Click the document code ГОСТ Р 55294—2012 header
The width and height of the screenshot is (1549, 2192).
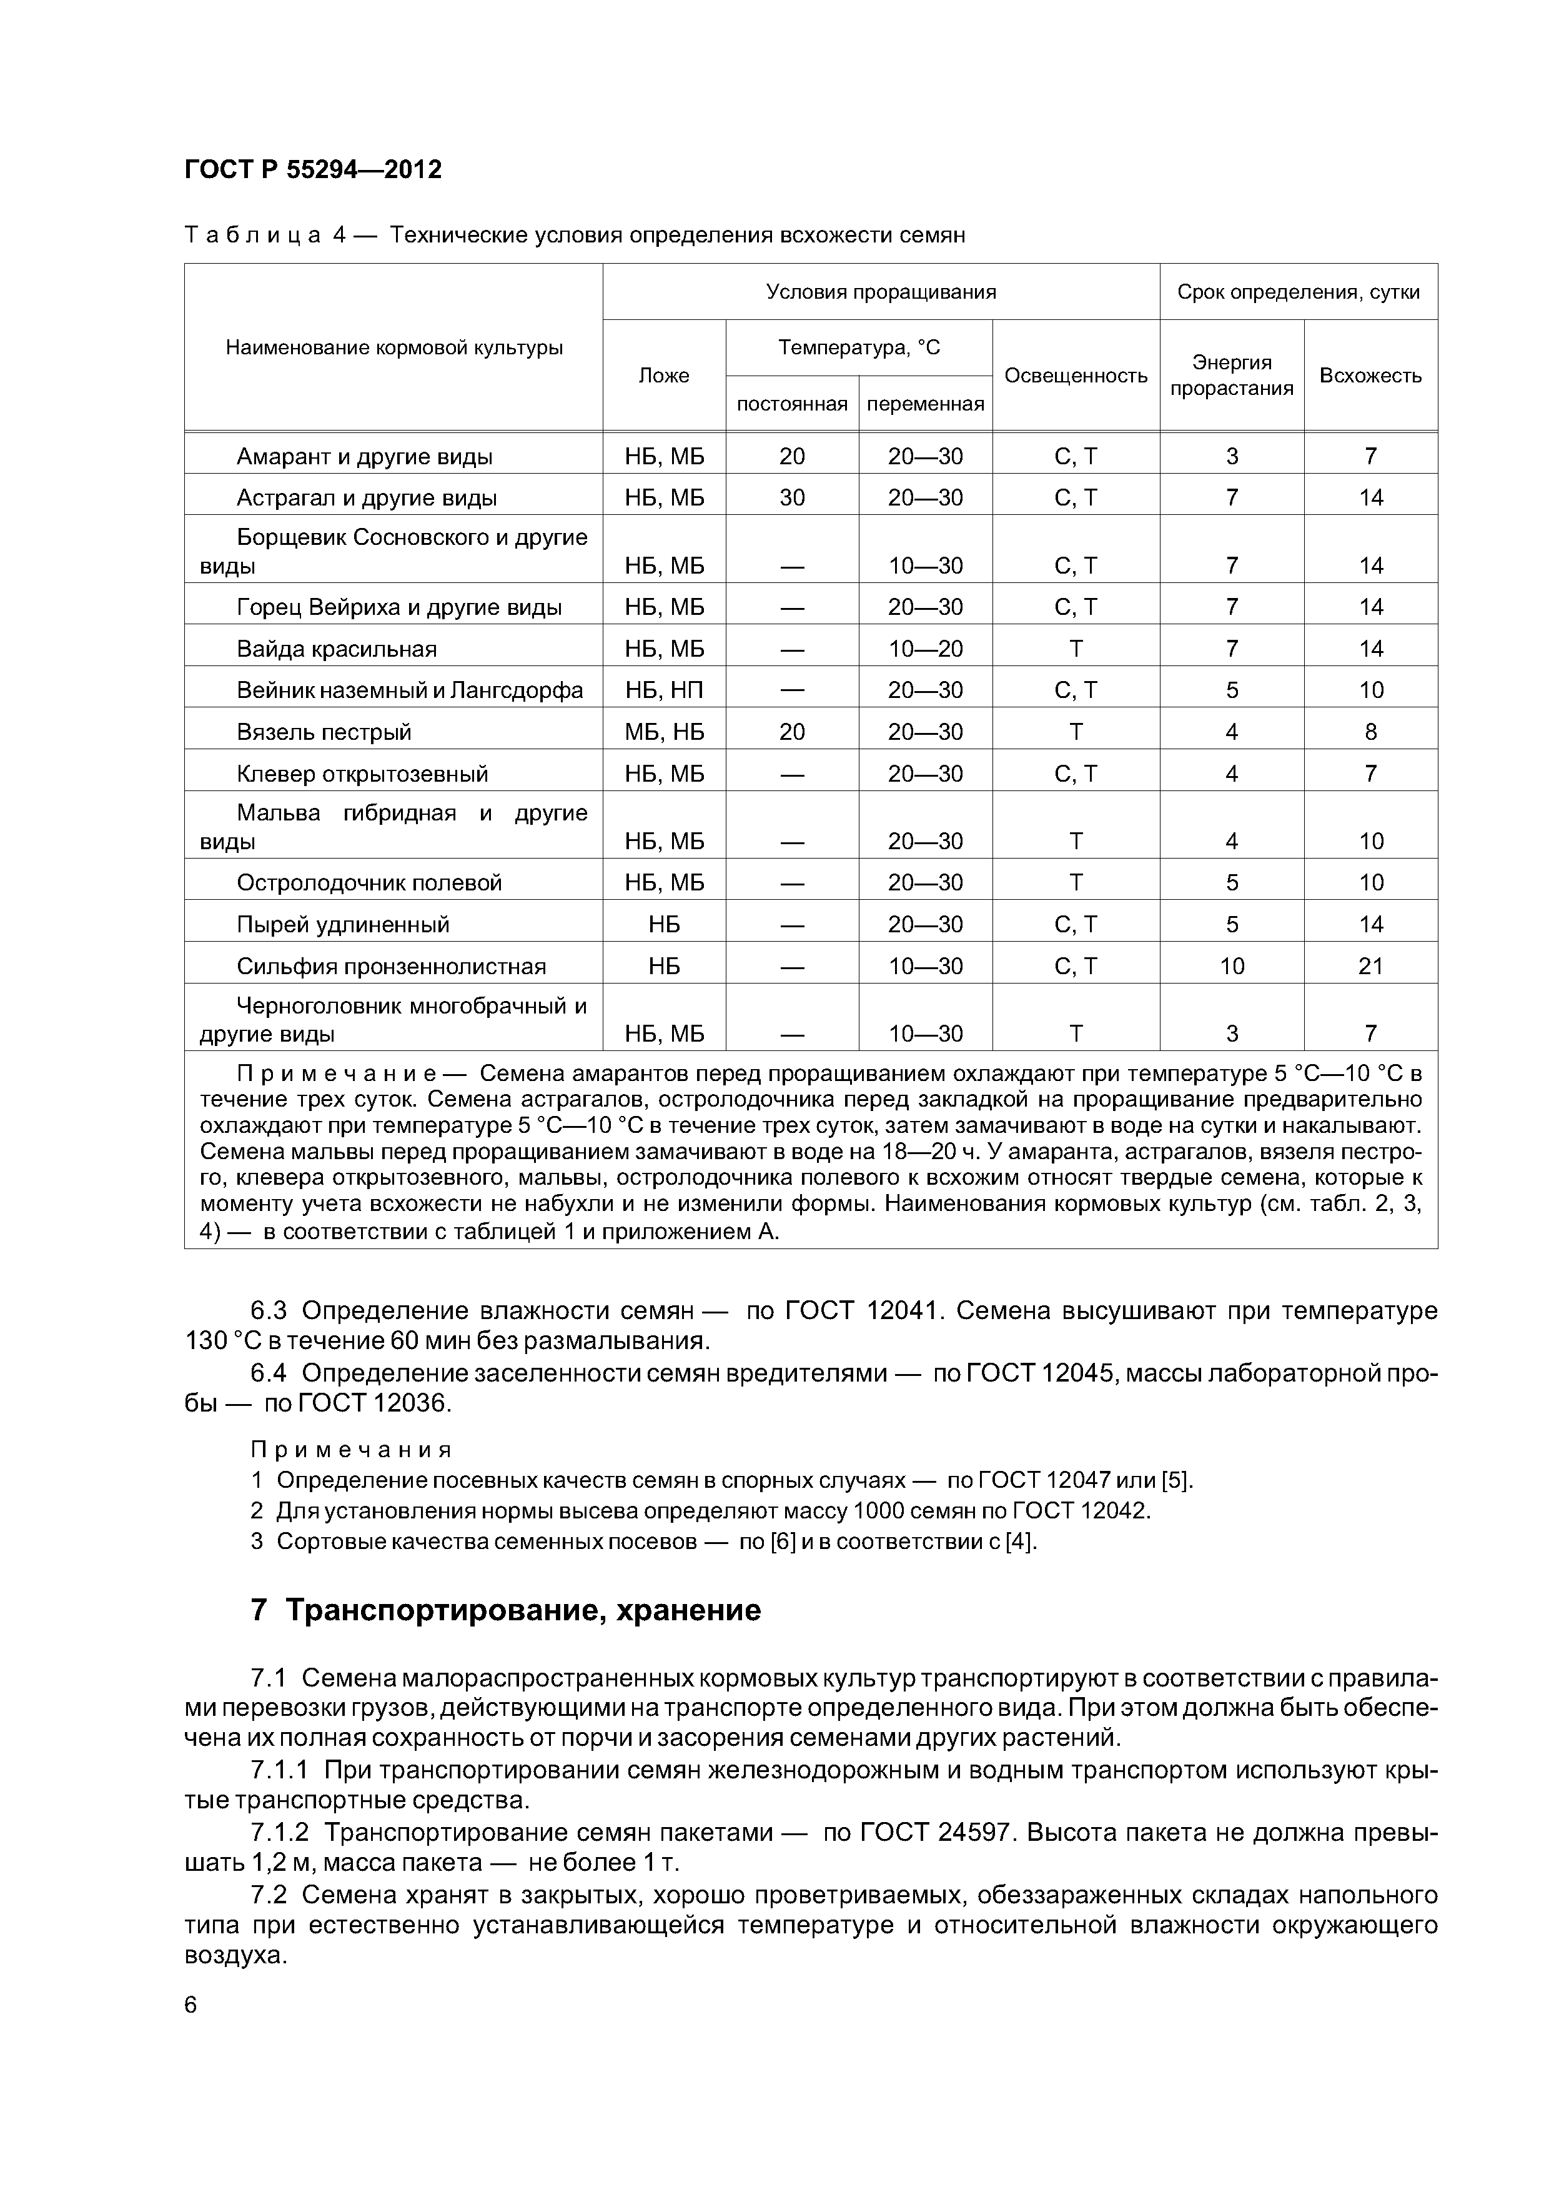tap(312, 170)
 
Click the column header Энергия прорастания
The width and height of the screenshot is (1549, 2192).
tap(1231, 375)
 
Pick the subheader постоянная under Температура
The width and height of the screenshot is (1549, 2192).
tap(792, 404)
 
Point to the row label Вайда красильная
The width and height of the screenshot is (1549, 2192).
tap(336, 649)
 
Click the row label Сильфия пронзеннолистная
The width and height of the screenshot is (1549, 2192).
tap(391, 966)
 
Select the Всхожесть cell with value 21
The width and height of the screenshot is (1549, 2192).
tap(1370, 966)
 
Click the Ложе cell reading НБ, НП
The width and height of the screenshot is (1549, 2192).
tap(665, 690)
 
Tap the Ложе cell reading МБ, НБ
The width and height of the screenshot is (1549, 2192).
tap(665, 732)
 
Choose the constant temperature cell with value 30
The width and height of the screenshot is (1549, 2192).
tap(792, 497)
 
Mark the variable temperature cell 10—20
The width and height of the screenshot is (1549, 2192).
tap(925, 649)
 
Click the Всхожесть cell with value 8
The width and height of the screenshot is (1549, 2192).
tap(1370, 732)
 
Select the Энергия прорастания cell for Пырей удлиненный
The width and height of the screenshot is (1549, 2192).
tap(1231, 924)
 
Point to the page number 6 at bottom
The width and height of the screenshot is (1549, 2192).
tap(191, 2005)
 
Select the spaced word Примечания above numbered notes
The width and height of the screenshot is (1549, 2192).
tap(350, 1450)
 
